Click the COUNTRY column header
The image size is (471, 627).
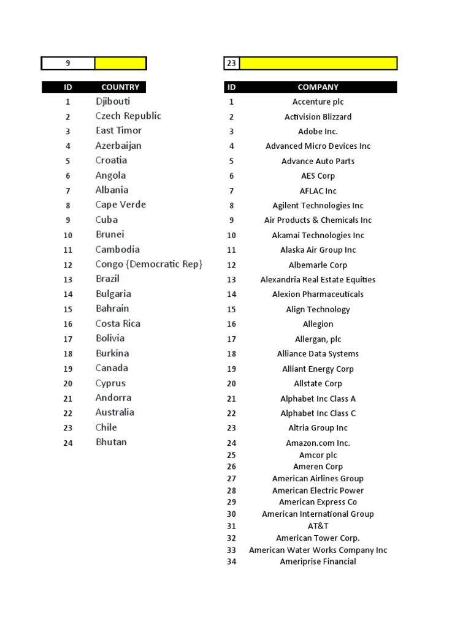pyautogui.click(x=120, y=88)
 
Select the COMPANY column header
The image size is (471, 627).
pyautogui.click(x=318, y=88)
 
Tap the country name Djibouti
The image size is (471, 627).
pyautogui.click(x=113, y=102)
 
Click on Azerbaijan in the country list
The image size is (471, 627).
pyautogui.click(x=118, y=146)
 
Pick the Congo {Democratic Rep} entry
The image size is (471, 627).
pyautogui.click(x=149, y=265)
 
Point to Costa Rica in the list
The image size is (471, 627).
pyautogui.click(x=118, y=324)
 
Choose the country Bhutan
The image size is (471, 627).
pyautogui.click(x=111, y=442)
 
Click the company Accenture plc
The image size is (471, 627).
pyautogui.click(x=318, y=102)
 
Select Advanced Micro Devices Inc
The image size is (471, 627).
pyautogui.click(x=318, y=146)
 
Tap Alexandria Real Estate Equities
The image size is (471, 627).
pyautogui.click(x=318, y=280)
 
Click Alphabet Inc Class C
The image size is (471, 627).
pyautogui.click(x=318, y=413)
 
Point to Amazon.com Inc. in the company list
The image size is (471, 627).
pyautogui.click(x=318, y=443)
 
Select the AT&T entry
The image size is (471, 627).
pyautogui.click(x=318, y=526)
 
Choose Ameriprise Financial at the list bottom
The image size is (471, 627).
pyautogui.click(x=318, y=561)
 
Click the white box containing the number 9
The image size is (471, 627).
pyautogui.click(x=68, y=63)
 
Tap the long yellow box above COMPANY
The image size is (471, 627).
pyautogui.click(x=318, y=63)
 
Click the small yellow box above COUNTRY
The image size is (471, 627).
pyautogui.click(x=120, y=63)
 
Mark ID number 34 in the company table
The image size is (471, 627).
pyautogui.click(x=231, y=561)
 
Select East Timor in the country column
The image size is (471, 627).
pyautogui.click(x=118, y=131)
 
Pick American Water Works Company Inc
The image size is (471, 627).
pyautogui.click(x=318, y=550)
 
